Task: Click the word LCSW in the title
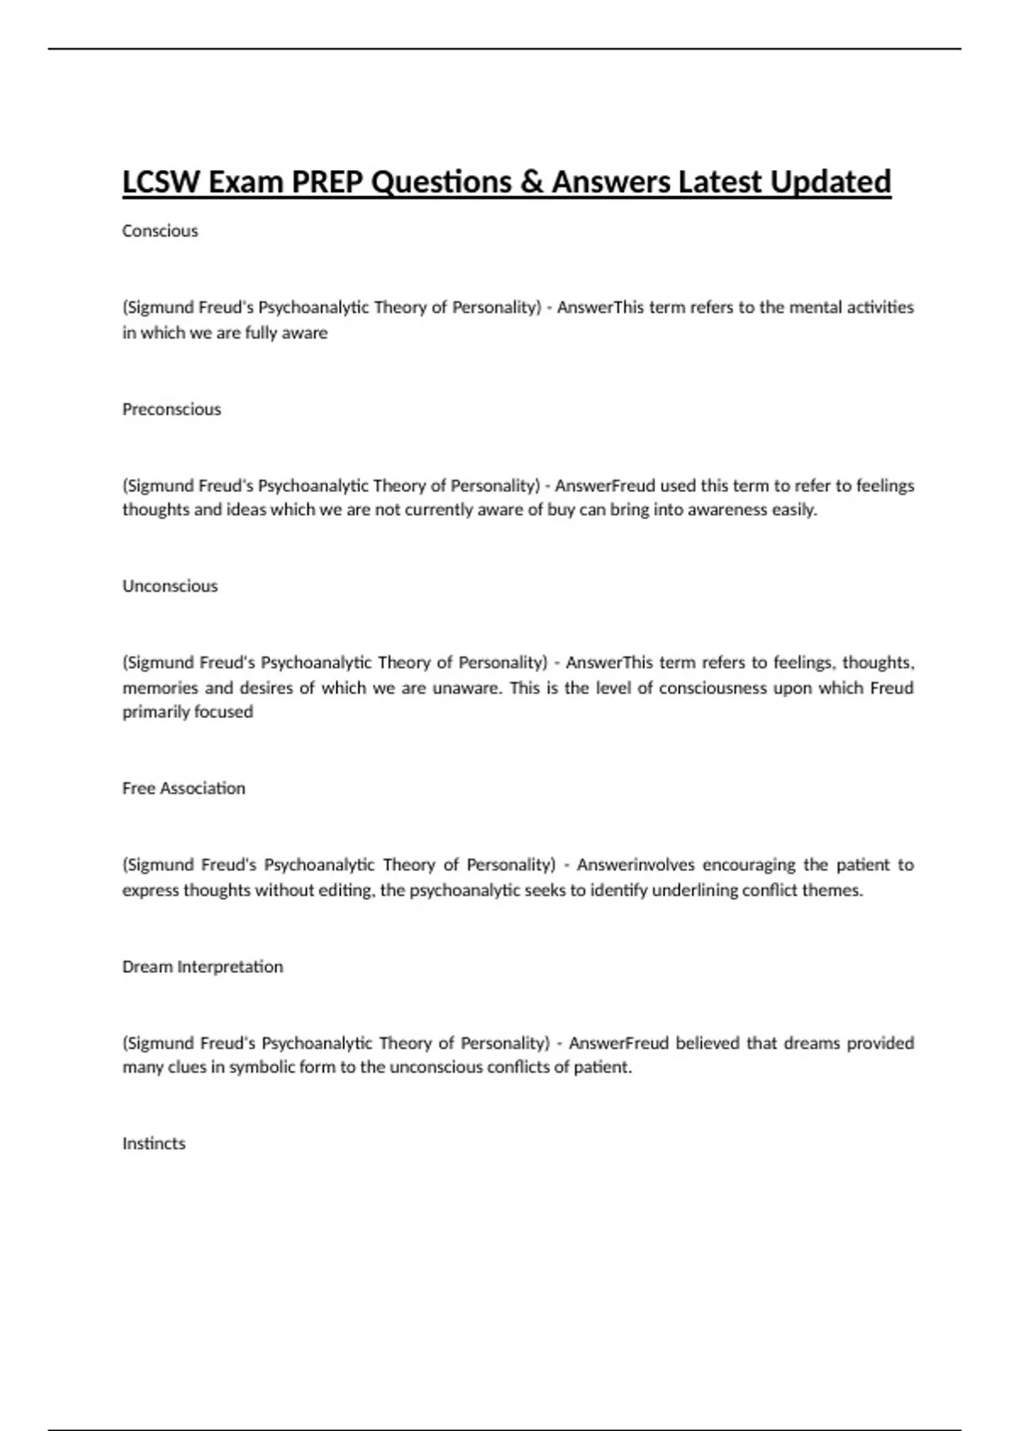pos(160,182)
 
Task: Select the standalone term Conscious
pos(160,231)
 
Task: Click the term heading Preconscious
pos(172,409)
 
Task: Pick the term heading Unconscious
pos(170,586)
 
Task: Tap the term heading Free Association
pos(183,788)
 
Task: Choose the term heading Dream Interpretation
pos(202,966)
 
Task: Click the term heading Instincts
pos(154,1143)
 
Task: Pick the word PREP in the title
pos(328,182)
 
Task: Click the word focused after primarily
pos(224,711)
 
